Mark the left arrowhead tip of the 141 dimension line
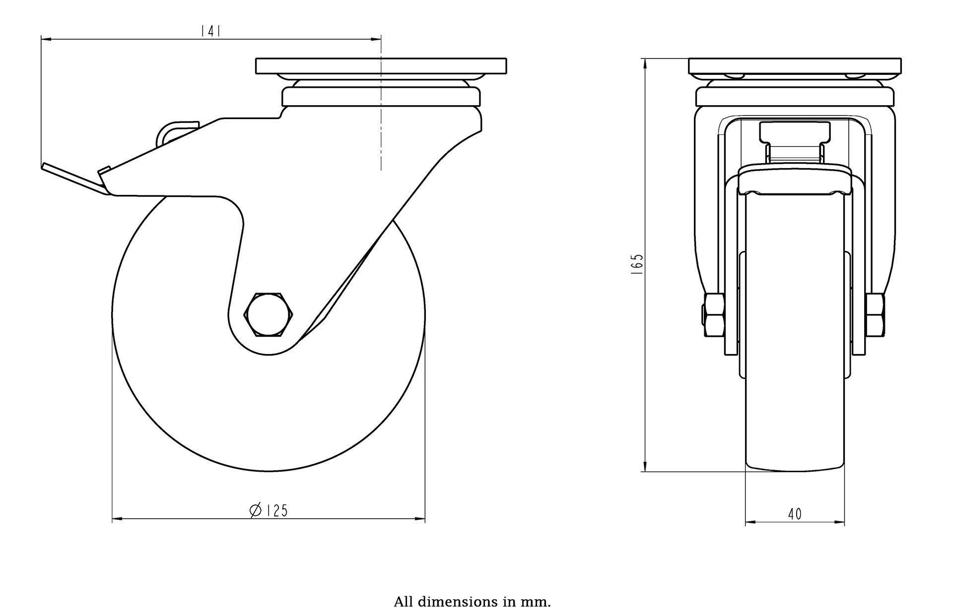(x=41, y=38)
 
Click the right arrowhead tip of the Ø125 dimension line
(x=425, y=519)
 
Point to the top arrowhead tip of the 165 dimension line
(x=644, y=59)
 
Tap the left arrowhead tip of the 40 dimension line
(x=746, y=522)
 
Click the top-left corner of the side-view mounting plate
(x=256, y=59)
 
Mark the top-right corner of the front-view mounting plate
(x=901, y=59)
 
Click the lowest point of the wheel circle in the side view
(x=269, y=471)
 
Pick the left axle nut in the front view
(x=713, y=315)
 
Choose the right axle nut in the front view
(x=876, y=315)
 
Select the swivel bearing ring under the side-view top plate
(x=381, y=97)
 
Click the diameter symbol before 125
(x=256, y=510)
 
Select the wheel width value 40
(x=795, y=514)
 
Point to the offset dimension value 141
(x=210, y=31)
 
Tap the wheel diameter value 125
(x=277, y=510)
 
